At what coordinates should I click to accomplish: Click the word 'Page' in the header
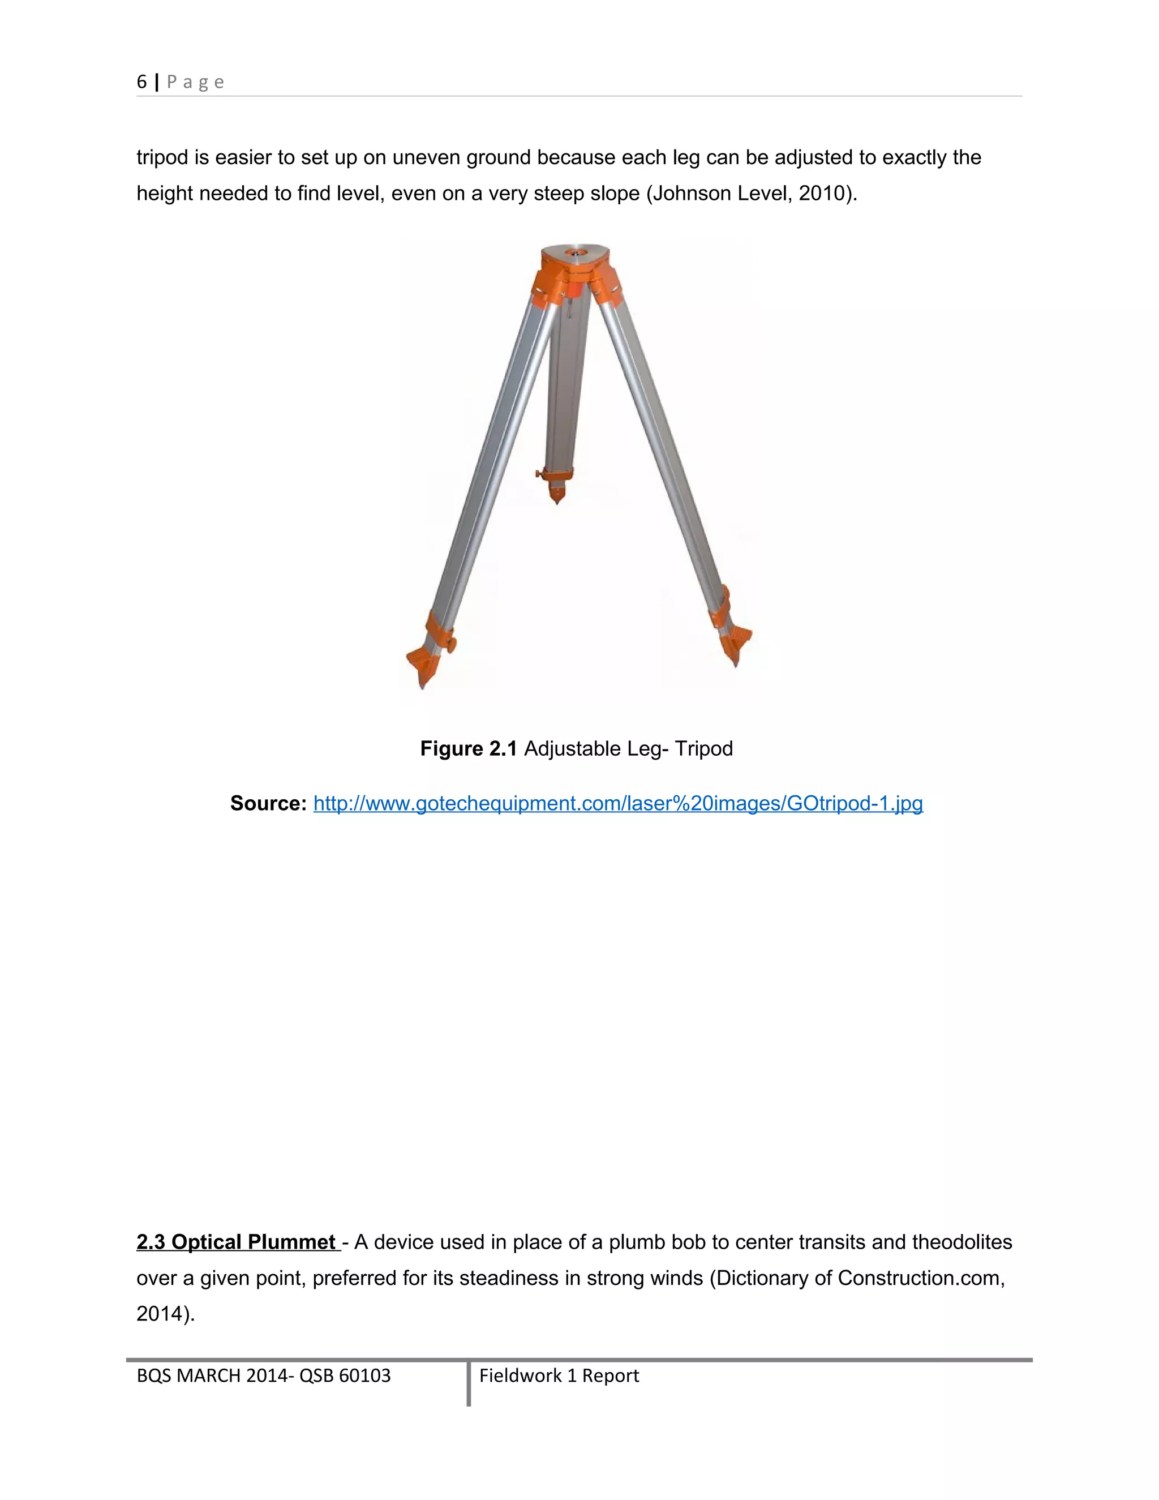tap(196, 83)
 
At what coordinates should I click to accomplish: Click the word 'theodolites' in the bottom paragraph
tap(962, 1242)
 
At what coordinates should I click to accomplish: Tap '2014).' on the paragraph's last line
tap(165, 1313)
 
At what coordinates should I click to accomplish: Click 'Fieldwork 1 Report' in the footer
tap(559, 1375)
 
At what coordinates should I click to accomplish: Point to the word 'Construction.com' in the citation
tap(921, 1278)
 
